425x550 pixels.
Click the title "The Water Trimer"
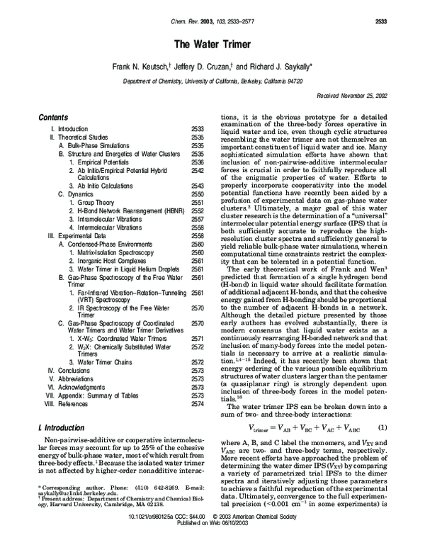[x=212, y=44]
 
